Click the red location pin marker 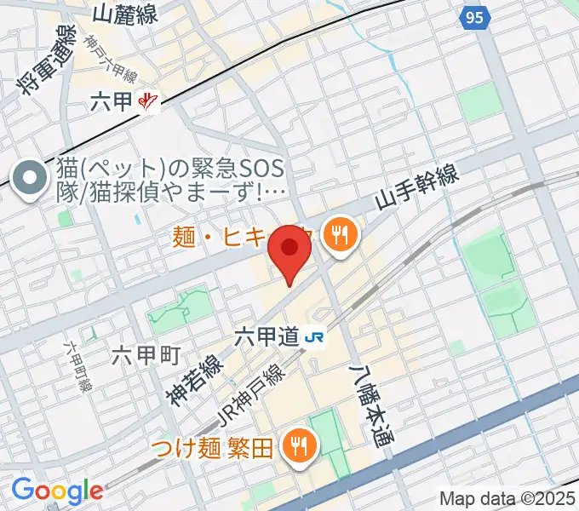[x=289, y=252]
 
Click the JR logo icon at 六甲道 [x=314, y=338]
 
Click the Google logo [x=57, y=491]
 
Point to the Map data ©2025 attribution [x=507, y=498]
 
